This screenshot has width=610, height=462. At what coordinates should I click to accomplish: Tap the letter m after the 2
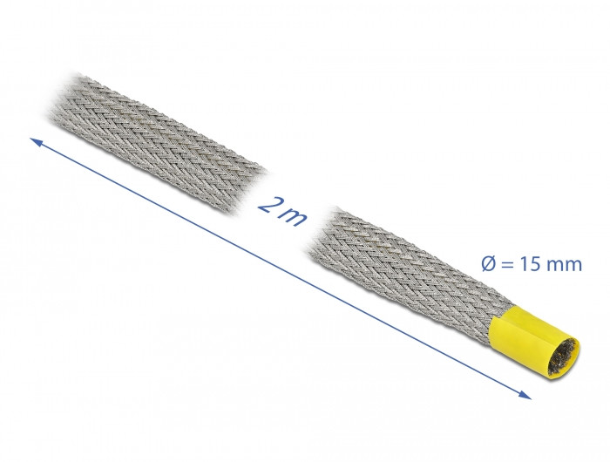coord(295,217)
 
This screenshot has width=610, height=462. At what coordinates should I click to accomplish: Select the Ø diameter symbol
coord(489,265)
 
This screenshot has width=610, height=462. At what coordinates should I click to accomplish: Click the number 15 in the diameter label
coord(528,265)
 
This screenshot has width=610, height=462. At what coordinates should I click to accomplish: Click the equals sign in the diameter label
coord(507,266)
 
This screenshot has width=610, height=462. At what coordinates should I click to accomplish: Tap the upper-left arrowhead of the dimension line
coord(35,142)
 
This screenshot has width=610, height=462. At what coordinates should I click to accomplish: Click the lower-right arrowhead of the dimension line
coord(525,395)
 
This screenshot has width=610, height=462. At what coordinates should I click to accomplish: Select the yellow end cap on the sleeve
coord(533,343)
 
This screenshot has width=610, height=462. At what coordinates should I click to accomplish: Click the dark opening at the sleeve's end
coord(562,357)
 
